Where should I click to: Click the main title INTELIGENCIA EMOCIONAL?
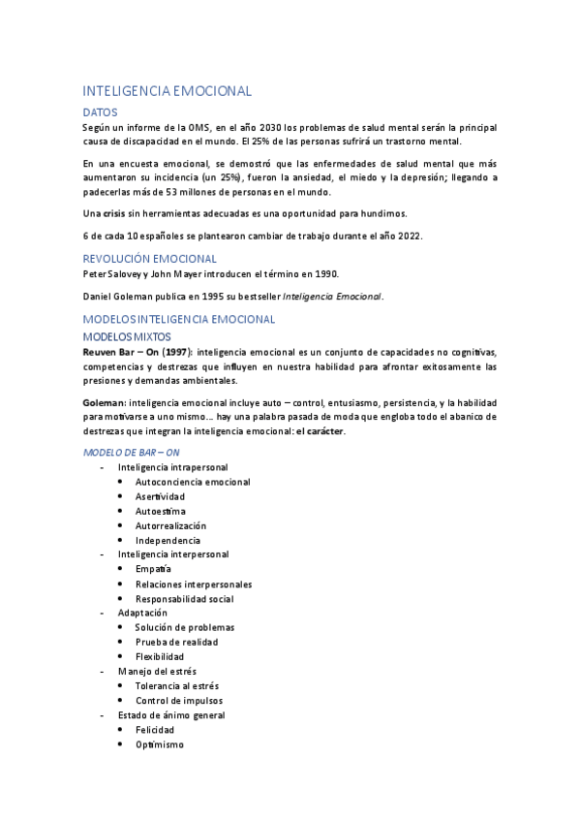[x=168, y=91]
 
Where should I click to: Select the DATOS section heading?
[x=101, y=112]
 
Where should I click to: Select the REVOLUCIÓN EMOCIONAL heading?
[x=150, y=259]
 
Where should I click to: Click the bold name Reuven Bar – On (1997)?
[x=137, y=351]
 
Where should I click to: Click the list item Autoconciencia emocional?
[x=193, y=482]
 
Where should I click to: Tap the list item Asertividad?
[x=160, y=496]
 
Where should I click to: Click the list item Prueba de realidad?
[x=176, y=642]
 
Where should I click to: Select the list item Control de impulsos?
[x=179, y=700]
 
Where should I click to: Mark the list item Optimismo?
[x=159, y=744]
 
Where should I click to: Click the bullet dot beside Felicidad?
[x=119, y=729]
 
